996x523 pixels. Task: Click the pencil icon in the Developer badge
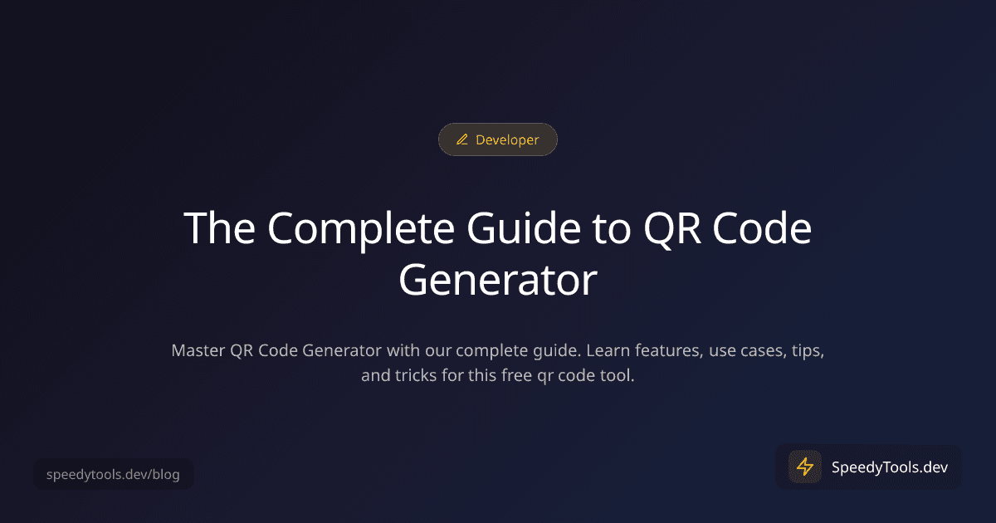(462, 140)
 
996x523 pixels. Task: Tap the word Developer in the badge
(507, 140)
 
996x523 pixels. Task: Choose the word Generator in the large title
(497, 280)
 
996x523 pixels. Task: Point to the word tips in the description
(807, 350)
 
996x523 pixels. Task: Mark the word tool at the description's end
(618, 376)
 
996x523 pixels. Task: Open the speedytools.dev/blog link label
(112, 475)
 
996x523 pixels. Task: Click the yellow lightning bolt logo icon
(804, 467)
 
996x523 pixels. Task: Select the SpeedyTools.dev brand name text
(889, 467)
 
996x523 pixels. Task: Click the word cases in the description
(757, 350)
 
